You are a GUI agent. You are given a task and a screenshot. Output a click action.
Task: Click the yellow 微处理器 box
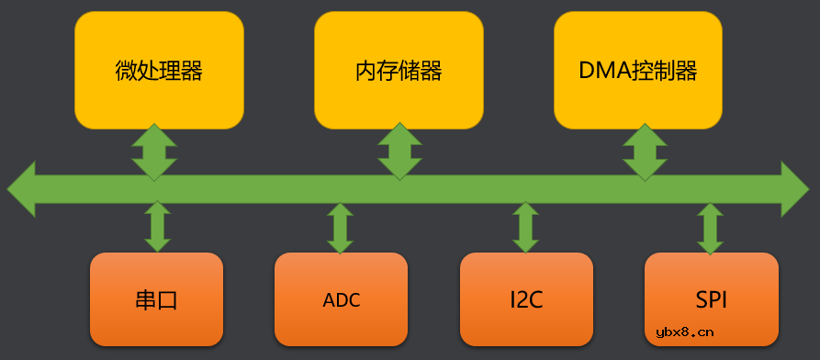click(x=159, y=70)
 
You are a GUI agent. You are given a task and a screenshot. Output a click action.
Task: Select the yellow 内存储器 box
click(x=399, y=70)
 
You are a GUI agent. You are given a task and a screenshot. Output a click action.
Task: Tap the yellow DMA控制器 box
click(x=638, y=70)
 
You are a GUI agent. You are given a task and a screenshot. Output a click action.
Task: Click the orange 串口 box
click(x=156, y=298)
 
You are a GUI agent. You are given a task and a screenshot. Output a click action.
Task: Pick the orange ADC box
click(x=341, y=298)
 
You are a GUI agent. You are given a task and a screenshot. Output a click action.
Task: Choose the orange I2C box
click(x=526, y=298)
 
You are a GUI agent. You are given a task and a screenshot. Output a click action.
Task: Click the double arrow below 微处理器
click(x=153, y=151)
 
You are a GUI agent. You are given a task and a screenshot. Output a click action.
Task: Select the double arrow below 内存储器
click(x=400, y=151)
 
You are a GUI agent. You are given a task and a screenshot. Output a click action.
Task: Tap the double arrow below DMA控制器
click(x=646, y=151)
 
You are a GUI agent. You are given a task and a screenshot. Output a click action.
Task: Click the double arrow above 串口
click(x=157, y=227)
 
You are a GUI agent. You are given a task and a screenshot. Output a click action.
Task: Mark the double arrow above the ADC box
click(x=341, y=228)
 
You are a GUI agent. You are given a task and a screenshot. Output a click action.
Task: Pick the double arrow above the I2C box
click(x=525, y=228)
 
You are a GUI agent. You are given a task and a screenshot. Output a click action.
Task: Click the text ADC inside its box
click(x=341, y=300)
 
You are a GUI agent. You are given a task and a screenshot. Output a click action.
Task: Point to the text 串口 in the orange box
click(x=156, y=300)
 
